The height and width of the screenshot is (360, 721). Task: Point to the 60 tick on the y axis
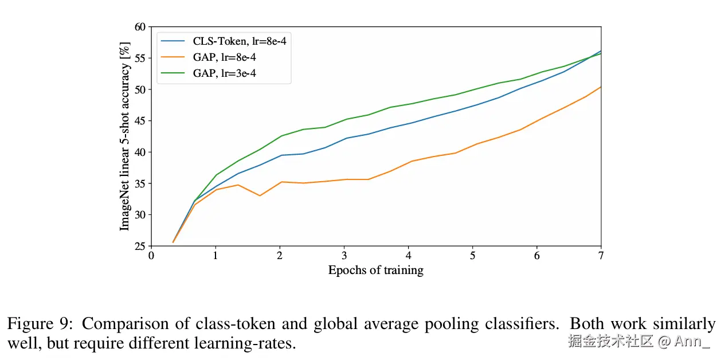click(140, 27)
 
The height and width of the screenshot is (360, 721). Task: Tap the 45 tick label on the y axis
click(140, 121)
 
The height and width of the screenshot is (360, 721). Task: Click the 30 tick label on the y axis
click(140, 215)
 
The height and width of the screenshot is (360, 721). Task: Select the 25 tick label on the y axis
click(140, 246)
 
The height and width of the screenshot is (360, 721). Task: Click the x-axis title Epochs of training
click(375, 271)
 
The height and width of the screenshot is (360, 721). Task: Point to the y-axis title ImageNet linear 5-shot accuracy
click(124, 136)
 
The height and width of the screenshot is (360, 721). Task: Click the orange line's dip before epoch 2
click(260, 195)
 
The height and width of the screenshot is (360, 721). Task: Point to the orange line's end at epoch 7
click(601, 87)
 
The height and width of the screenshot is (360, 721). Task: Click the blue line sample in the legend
click(173, 42)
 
